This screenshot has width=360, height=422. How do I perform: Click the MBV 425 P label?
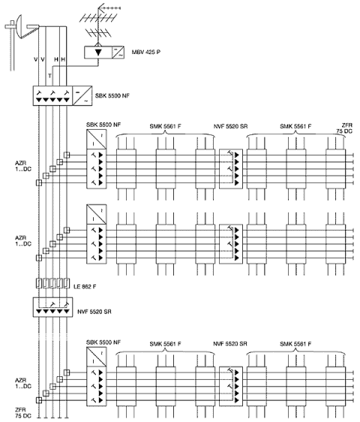[x=146, y=52]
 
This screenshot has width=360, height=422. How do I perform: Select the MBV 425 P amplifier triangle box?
[x=97, y=53]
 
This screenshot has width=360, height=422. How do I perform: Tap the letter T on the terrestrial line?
[x=49, y=76]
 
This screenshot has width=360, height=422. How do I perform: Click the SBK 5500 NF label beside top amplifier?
[x=112, y=95]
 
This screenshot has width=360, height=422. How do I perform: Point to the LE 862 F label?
[x=85, y=287]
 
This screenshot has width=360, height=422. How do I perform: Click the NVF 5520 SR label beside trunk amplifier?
[x=94, y=312]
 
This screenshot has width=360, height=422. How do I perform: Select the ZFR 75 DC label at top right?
[x=345, y=128]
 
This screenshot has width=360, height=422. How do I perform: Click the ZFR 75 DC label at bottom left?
[x=22, y=413]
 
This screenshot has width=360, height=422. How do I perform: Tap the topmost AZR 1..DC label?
[x=23, y=166]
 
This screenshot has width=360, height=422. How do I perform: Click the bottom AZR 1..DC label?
[x=23, y=383]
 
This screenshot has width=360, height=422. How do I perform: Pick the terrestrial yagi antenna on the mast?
[x=100, y=23]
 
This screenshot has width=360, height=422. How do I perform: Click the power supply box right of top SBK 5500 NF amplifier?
[x=82, y=96]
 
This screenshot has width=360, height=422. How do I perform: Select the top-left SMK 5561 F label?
[x=165, y=126]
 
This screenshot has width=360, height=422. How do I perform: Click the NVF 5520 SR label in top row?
[x=230, y=126]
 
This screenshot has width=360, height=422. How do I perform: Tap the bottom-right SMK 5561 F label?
[x=295, y=344]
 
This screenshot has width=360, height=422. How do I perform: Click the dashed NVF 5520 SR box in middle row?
[x=231, y=244]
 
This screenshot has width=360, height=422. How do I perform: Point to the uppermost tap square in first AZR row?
[x=67, y=155]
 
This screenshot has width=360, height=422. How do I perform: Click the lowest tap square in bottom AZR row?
[x=39, y=400]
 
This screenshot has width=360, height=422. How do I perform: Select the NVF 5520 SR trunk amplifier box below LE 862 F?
[x=52, y=307]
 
